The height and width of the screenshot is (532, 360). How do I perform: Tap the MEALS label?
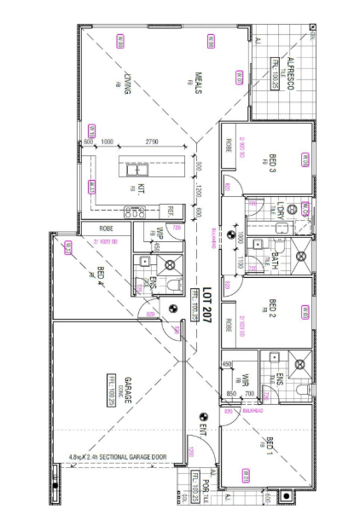197,82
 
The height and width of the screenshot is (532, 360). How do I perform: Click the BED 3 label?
273,163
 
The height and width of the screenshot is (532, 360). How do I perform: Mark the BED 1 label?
270,444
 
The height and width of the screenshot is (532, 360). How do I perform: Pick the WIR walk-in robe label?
243,380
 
